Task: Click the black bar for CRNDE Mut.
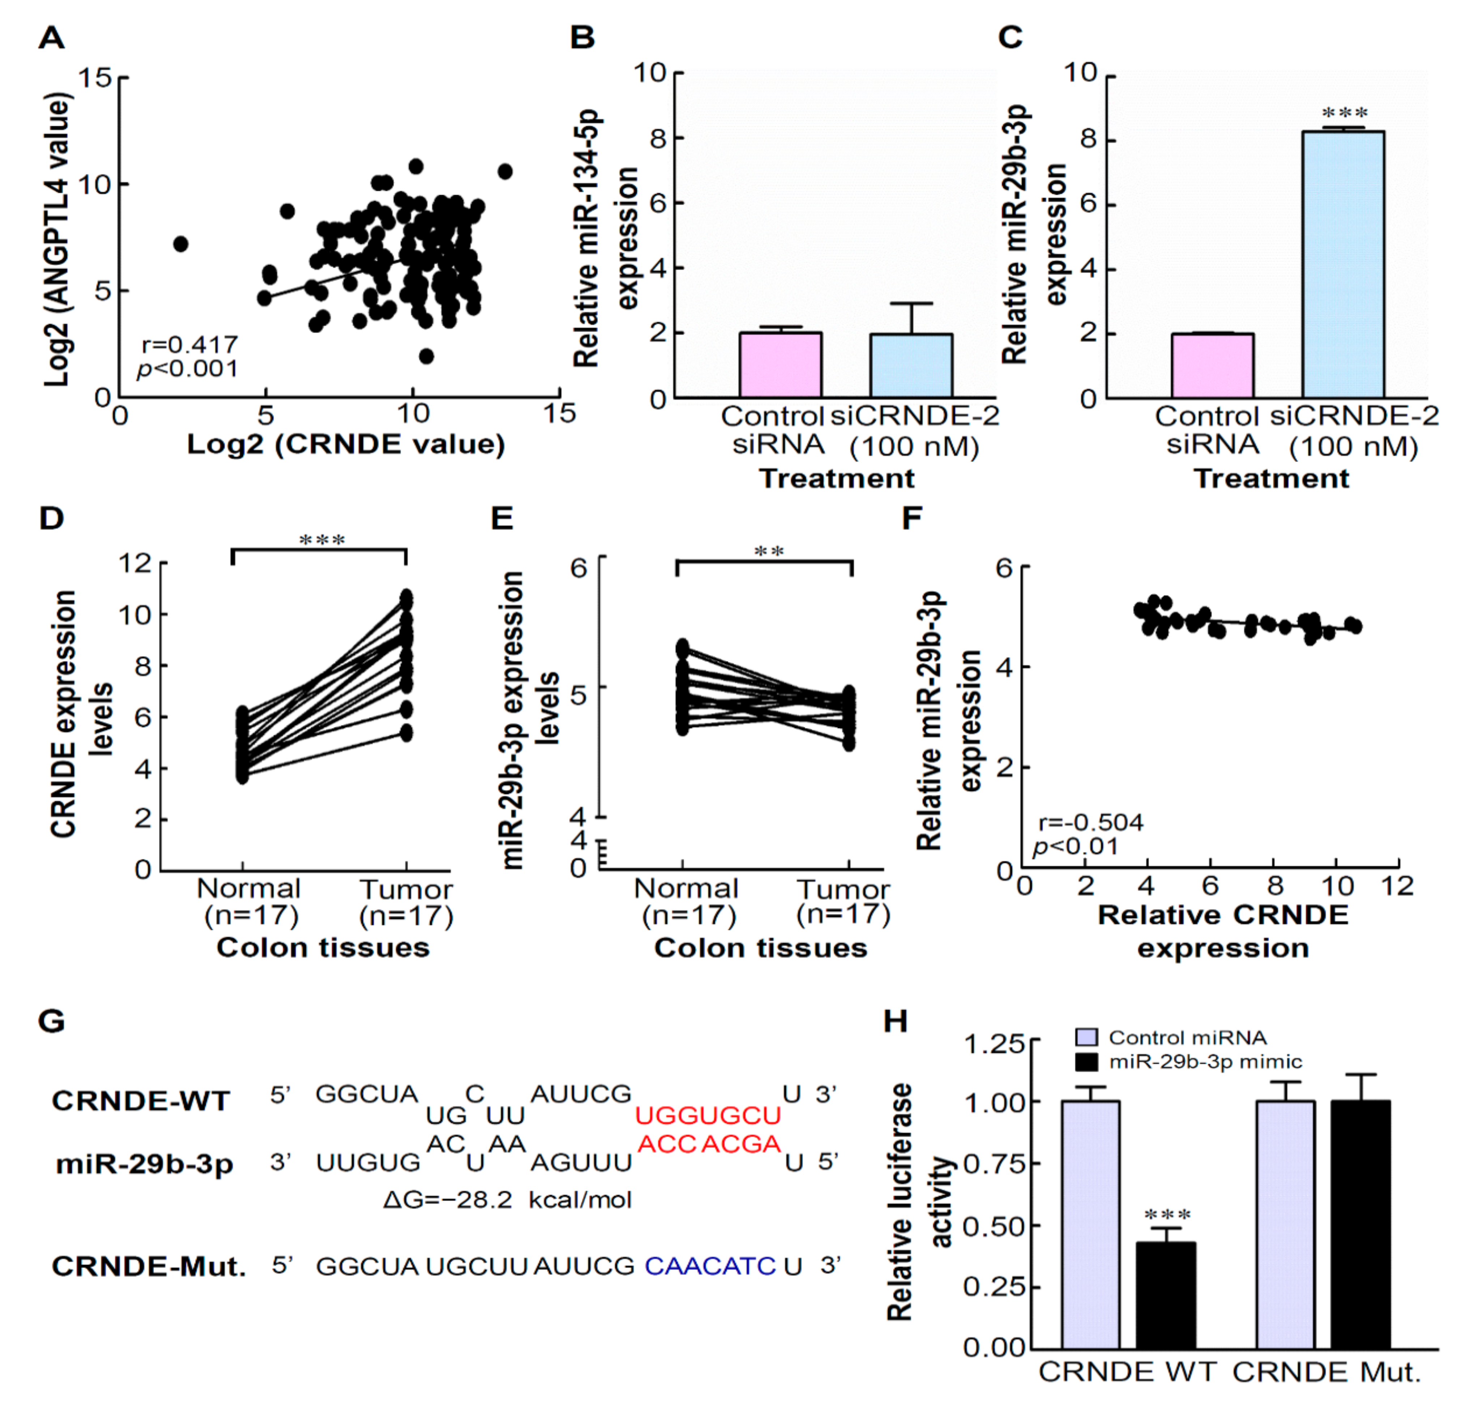[x=1360, y=1224]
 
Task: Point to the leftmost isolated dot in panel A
[x=180, y=244]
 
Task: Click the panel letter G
[x=51, y=1021]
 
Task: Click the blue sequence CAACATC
[x=710, y=1266]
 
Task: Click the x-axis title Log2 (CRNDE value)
[x=346, y=444]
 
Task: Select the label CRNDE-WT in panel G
[x=140, y=1101]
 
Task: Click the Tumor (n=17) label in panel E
[x=843, y=901]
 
